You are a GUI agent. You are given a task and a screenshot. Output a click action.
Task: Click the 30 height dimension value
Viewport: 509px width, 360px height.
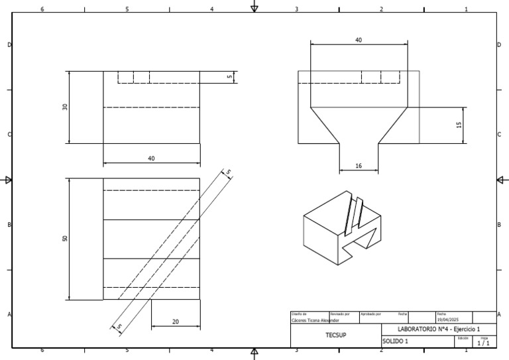click(x=65, y=107)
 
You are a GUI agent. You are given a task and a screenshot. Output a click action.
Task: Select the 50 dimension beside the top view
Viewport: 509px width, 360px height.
click(x=65, y=239)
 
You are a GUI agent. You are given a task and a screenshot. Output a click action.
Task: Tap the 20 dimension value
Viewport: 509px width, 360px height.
click(x=176, y=322)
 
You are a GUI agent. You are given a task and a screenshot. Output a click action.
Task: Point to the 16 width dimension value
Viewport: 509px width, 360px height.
click(x=359, y=166)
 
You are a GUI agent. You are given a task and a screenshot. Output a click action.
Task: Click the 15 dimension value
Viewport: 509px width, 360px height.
click(x=459, y=124)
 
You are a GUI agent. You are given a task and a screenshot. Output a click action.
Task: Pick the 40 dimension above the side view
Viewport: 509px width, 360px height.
click(x=359, y=40)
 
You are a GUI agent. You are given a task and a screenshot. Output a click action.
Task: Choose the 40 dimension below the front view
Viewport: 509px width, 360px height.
click(x=151, y=158)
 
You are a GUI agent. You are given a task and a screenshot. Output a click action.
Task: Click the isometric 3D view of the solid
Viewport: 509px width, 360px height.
click(x=342, y=225)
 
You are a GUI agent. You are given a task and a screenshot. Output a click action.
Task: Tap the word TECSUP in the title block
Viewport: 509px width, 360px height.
click(x=335, y=335)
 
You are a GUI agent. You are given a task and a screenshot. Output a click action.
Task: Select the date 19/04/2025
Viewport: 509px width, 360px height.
click(x=447, y=320)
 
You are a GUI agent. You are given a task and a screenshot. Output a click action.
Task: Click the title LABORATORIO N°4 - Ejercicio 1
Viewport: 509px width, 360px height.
click(x=438, y=330)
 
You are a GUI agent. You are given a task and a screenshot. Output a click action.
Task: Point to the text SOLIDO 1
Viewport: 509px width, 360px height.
click(x=396, y=341)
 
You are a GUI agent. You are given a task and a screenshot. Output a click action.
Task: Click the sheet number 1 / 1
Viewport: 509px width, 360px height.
click(x=484, y=343)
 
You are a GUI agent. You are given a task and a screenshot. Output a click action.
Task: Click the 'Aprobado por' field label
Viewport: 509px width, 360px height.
click(x=370, y=314)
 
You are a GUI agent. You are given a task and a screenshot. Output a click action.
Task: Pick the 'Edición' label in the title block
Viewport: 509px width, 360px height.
click(x=463, y=338)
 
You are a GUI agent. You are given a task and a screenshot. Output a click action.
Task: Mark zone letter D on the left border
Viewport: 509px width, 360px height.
click(x=9, y=44)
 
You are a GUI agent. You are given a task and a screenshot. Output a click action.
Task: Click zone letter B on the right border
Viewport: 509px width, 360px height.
click(x=499, y=225)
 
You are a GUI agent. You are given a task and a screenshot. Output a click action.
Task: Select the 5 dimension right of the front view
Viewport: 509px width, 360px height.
click(x=229, y=77)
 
